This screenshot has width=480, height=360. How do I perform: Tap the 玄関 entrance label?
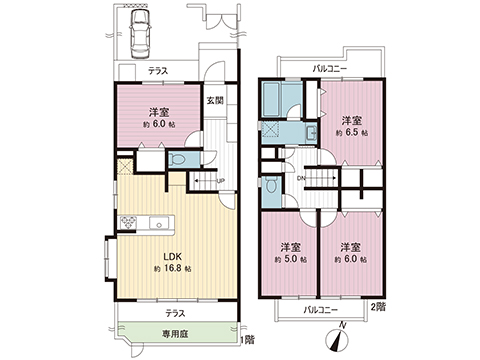pyautogui.click(x=215, y=100)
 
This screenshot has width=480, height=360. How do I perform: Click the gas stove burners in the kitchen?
pyautogui.click(x=127, y=222)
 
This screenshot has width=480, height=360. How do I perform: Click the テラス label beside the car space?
pyautogui.click(x=158, y=73)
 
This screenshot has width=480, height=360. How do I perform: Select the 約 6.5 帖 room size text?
pyautogui.click(x=352, y=132)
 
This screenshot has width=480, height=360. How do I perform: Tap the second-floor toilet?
pyautogui.click(x=271, y=184)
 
